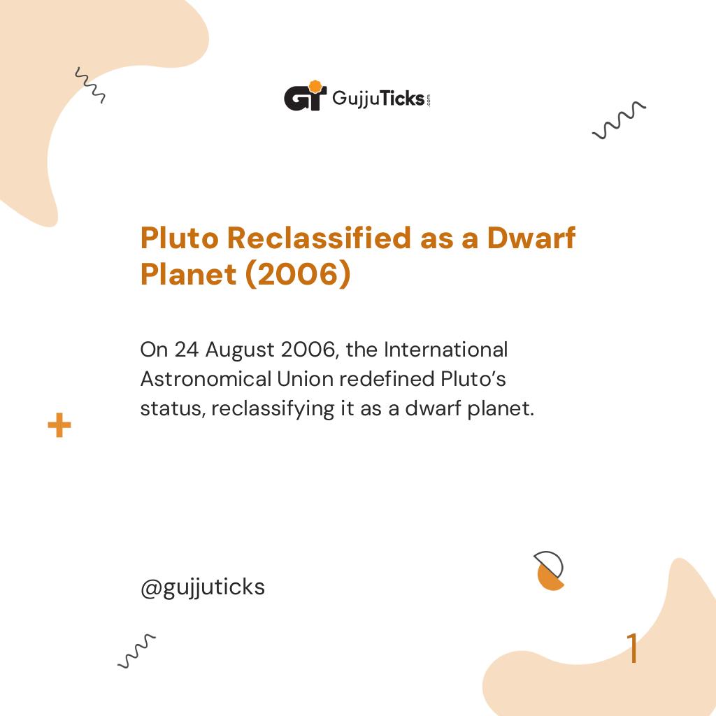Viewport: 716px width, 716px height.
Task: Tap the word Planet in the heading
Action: pyautogui.click(x=188, y=275)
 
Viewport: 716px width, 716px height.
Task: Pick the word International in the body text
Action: pyautogui.click(x=445, y=348)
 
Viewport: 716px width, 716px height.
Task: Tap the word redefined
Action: pyautogui.click(x=388, y=378)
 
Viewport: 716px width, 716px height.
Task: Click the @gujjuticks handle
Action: pyautogui.click(x=203, y=587)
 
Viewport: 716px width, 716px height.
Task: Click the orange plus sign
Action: pyautogui.click(x=59, y=425)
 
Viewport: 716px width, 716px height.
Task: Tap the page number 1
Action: pyautogui.click(x=632, y=649)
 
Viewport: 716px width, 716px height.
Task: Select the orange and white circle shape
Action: pyautogui.click(x=550, y=571)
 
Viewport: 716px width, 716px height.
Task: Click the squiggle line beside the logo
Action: pyautogui.click(x=619, y=120)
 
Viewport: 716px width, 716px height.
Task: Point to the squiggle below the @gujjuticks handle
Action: pyautogui.click(x=136, y=651)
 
